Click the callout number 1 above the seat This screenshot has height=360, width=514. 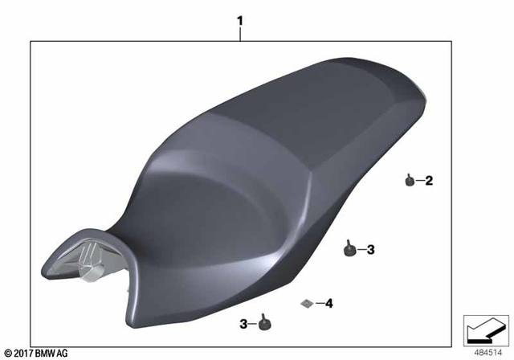(239, 17)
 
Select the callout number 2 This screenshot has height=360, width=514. (428, 181)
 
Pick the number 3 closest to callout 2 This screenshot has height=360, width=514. (370, 250)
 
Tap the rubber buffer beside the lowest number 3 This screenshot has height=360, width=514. (264, 323)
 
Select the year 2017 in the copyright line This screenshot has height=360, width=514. (23, 353)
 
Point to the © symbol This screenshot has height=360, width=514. (7, 353)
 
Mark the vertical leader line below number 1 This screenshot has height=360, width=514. (239, 32)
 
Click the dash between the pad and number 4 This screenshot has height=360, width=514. (318, 303)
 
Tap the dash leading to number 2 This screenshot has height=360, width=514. (419, 181)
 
